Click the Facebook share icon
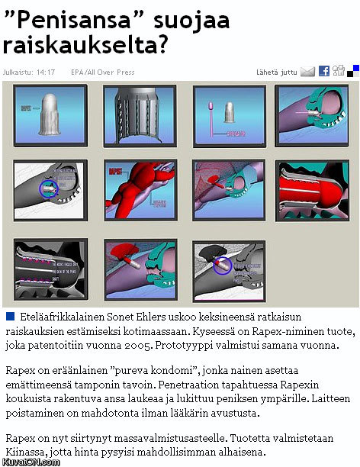(323, 71)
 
